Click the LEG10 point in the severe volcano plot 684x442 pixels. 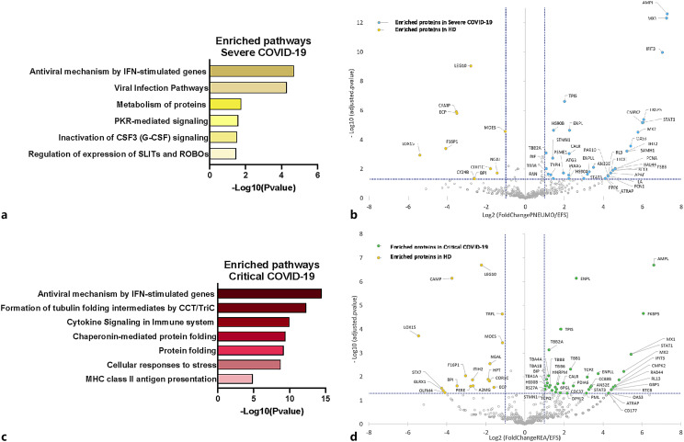(470, 65)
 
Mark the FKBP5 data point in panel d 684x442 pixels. (642, 313)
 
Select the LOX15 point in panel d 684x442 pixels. (418, 335)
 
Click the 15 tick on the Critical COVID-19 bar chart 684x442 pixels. (325, 398)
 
